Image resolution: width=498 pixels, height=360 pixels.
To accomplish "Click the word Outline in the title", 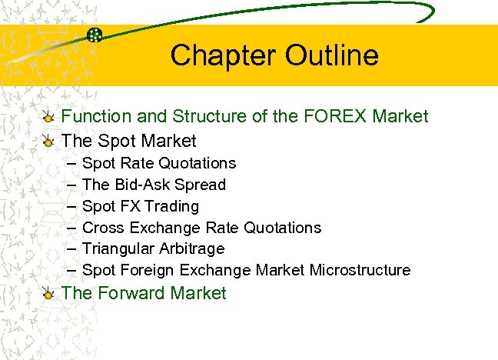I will [x=332, y=55].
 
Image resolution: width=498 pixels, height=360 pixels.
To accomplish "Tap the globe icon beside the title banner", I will [x=95, y=35].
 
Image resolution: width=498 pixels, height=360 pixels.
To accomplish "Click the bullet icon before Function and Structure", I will [x=48, y=118].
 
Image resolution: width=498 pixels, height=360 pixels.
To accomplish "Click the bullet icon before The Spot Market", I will [x=48, y=142].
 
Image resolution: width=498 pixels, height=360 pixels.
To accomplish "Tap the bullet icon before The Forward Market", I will [x=48, y=294].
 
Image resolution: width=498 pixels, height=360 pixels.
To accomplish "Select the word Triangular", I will [x=119, y=249].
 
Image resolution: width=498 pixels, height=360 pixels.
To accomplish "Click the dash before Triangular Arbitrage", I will [x=71, y=249].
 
